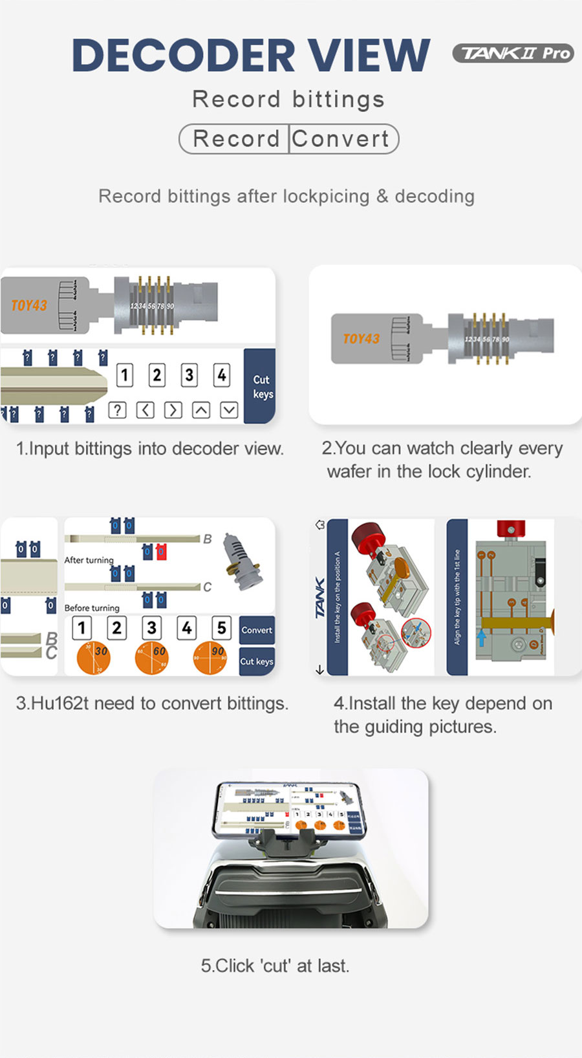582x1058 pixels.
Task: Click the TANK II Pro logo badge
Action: [513, 53]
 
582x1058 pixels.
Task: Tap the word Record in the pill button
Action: [235, 139]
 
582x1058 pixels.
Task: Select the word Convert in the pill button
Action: [341, 139]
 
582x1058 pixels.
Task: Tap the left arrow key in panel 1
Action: [145, 410]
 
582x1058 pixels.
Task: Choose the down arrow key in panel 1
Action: [229, 410]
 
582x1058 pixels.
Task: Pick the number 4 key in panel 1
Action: [222, 375]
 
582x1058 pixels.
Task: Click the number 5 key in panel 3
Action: [221, 627]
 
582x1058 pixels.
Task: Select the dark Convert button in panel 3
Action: [257, 630]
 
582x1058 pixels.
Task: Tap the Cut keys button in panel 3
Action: [257, 662]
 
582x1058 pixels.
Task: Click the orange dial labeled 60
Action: [152, 658]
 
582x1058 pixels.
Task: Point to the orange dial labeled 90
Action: [210, 658]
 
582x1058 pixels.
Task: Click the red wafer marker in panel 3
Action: [161, 552]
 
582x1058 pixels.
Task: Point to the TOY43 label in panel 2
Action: [361, 339]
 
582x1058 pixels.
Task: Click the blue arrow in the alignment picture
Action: [481, 637]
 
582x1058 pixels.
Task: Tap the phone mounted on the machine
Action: [289, 809]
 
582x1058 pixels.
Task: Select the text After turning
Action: [89, 560]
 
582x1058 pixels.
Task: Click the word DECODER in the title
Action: [183, 56]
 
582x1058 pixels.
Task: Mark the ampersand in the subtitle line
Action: [382, 197]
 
